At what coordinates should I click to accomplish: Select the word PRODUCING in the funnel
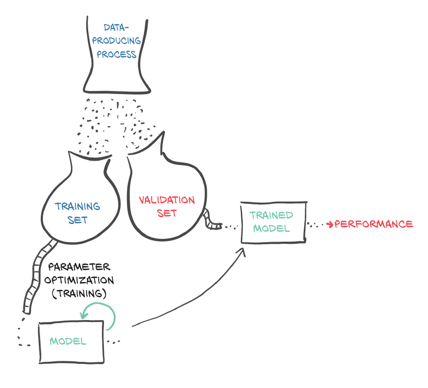(116, 41)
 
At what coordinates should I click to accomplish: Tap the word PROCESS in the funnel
(116, 54)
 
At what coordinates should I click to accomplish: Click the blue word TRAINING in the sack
(77, 206)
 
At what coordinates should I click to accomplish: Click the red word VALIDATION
(166, 200)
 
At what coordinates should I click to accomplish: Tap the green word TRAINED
(271, 215)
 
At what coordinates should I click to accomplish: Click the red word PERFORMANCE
(374, 224)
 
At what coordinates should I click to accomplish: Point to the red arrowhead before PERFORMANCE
(330, 225)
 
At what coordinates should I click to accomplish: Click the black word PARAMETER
(79, 267)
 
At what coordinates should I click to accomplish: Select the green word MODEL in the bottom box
(68, 341)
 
